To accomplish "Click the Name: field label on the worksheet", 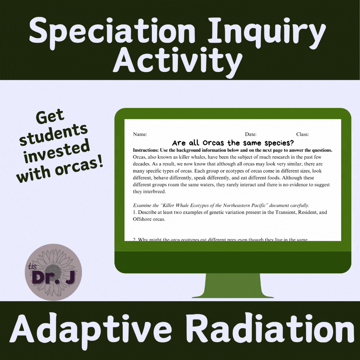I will [140, 134].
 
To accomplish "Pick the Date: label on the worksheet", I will [250, 134].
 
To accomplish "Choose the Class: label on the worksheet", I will [302, 134].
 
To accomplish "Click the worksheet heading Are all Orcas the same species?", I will [232, 143].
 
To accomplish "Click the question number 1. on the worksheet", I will [135, 212].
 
